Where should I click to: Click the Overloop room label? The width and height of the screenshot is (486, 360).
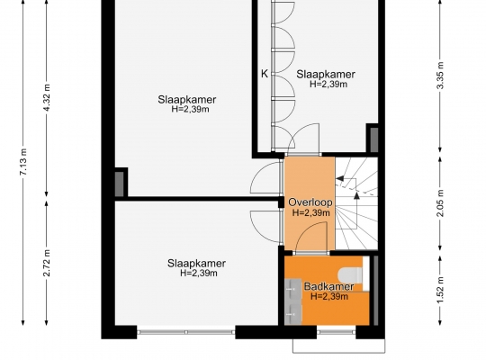310,202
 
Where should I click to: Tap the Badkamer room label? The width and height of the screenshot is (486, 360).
328,286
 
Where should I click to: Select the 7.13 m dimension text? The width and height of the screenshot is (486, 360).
23,162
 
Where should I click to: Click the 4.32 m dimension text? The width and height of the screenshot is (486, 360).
47,97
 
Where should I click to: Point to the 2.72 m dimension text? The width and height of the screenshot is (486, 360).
47,263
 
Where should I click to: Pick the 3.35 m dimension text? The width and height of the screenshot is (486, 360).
440,76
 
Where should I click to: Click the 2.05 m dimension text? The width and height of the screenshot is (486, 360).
440,203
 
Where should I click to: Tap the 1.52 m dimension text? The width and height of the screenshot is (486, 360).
440,291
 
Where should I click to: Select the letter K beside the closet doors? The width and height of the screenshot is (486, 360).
265,74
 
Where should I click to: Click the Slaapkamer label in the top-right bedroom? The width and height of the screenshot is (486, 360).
326,75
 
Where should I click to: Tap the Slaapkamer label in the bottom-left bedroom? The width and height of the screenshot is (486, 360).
196,264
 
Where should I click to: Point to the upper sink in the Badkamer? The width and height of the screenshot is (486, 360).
292,289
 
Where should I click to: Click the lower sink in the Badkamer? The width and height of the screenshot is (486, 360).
292,314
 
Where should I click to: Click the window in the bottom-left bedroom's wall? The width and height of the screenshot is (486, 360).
186,332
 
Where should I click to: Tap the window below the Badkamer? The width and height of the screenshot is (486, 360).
337,332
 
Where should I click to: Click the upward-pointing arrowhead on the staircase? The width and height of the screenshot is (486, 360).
356,195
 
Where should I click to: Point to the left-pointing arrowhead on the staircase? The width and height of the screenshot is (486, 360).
339,178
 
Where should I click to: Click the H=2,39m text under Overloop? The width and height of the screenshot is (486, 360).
310,212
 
